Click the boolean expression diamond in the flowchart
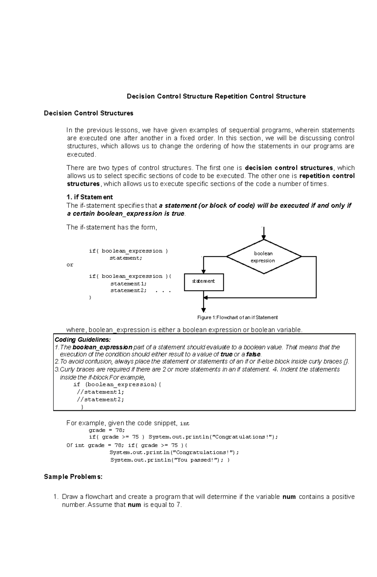[264, 257]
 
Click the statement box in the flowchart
[204, 281]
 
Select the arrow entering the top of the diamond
[264, 234]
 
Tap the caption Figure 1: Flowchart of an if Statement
[237, 317]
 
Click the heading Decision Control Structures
[89, 113]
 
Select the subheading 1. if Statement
[90, 197]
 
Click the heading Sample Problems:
[73, 477]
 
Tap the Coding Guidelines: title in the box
[83, 340]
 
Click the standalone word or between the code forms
[70, 265]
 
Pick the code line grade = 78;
[107, 430]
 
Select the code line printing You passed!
[170, 460]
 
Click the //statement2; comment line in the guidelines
[101, 399]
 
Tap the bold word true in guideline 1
[227, 354]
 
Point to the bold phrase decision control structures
[289, 168]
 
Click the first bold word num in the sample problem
[289, 497]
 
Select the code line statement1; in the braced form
[128, 283]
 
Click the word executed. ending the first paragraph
[81, 154]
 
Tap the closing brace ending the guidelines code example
[82, 407]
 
